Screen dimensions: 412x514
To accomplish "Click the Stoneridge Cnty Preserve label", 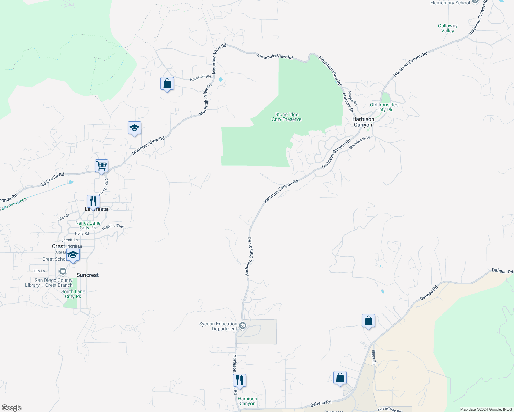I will click(287, 117).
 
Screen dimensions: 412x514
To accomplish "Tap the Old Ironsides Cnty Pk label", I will click(384, 107).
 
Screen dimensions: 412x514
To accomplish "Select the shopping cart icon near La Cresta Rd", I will click(102, 166).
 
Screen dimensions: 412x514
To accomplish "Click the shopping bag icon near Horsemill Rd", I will click(167, 83).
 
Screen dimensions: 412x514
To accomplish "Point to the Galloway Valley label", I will click(448, 28).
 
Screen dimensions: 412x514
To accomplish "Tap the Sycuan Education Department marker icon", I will click(243, 325).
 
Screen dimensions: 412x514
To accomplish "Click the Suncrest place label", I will click(88, 275).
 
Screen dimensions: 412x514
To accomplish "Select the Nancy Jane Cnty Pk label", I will click(88, 225).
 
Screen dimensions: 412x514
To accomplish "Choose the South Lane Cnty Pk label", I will click(73, 294).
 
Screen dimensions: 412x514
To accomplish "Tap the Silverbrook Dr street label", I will click(360, 142).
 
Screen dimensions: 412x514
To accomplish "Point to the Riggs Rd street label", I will click(374, 357).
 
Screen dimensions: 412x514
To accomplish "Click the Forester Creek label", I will click(13, 205).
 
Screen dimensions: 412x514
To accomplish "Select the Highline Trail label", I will click(113, 226).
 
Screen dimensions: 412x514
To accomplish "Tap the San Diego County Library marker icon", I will click(63, 272).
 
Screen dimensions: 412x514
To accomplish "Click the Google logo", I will click(11, 408).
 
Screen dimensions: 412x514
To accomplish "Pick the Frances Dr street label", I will click(348, 102).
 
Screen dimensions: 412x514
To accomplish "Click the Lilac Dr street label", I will click(64, 217).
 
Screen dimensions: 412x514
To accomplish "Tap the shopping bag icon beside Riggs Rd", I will click(368, 321).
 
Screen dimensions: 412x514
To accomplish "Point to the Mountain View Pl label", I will click(205, 100).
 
